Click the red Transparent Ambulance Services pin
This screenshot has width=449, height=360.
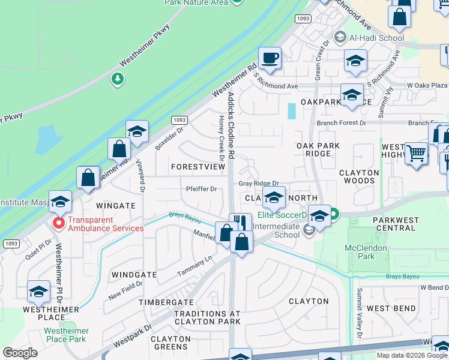tap(59, 223)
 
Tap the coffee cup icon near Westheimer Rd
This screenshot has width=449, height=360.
tap(271, 59)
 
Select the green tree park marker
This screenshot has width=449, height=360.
tap(118, 78)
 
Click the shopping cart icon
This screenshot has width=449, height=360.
tap(416, 153)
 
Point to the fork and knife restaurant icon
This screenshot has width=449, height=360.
tap(241, 223)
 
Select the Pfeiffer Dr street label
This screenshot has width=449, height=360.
tap(201, 189)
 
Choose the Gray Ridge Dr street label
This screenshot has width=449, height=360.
tap(259, 184)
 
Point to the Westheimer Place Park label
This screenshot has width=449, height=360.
tap(66, 335)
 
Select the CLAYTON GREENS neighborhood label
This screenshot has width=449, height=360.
tap(170, 343)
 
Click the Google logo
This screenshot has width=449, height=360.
tap(20, 353)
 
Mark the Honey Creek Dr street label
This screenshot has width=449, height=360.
tap(221, 140)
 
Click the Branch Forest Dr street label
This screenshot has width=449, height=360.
tap(341, 123)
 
